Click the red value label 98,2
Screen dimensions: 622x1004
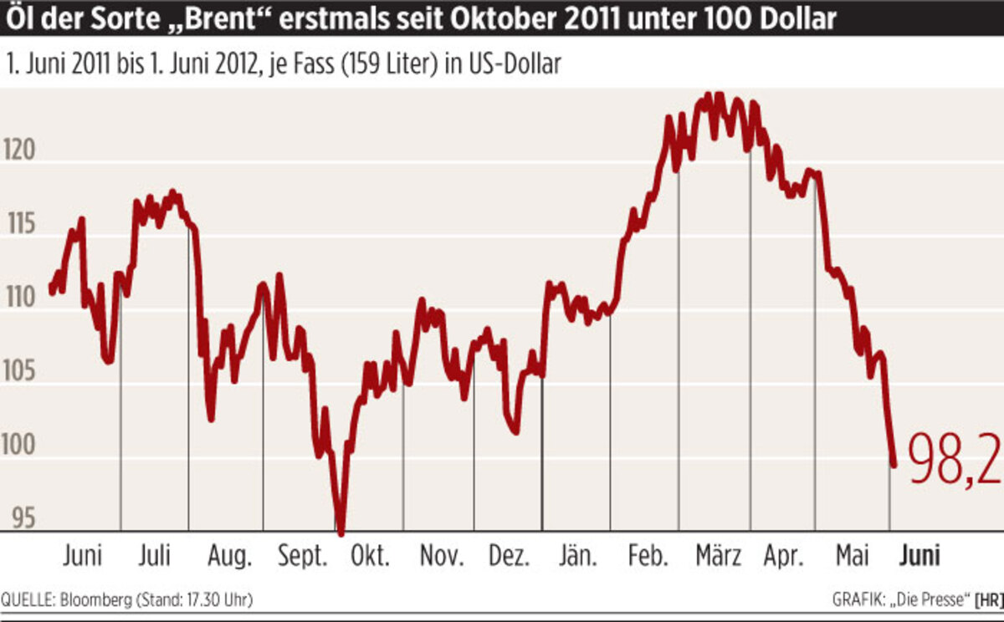coord(954,460)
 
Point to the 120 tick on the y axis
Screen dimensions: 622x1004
coord(23,153)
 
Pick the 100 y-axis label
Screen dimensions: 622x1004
coord(23,446)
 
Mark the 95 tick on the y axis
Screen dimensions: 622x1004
coord(24,519)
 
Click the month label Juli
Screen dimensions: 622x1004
coord(156,555)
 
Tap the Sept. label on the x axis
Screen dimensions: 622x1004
coord(303,556)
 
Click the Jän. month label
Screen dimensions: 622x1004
coord(577,555)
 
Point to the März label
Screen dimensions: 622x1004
coord(718,555)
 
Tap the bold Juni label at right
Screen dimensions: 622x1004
coord(919,555)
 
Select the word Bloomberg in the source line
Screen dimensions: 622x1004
coord(90,600)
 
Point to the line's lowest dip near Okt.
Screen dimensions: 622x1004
coord(341,533)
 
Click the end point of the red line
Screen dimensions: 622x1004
coord(893,466)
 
